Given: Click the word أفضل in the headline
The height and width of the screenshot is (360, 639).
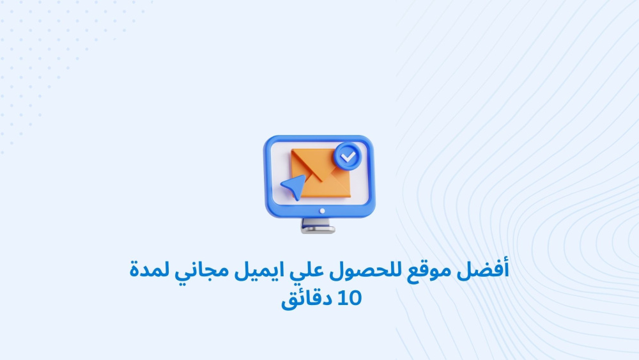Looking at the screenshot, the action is click(483, 270).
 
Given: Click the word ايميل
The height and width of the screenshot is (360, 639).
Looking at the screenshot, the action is click(259, 270).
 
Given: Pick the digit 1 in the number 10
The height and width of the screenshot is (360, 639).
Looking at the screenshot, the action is click(341, 298).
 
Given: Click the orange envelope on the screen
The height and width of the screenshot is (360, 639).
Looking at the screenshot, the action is click(321, 173).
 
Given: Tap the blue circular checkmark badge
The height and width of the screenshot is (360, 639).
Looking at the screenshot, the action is click(348, 156).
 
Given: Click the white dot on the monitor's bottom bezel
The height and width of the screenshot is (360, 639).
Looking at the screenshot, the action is click(322, 211).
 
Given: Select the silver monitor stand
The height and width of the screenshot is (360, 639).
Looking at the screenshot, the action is click(318, 226).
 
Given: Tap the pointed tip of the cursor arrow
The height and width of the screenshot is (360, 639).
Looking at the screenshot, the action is click(305, 176).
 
